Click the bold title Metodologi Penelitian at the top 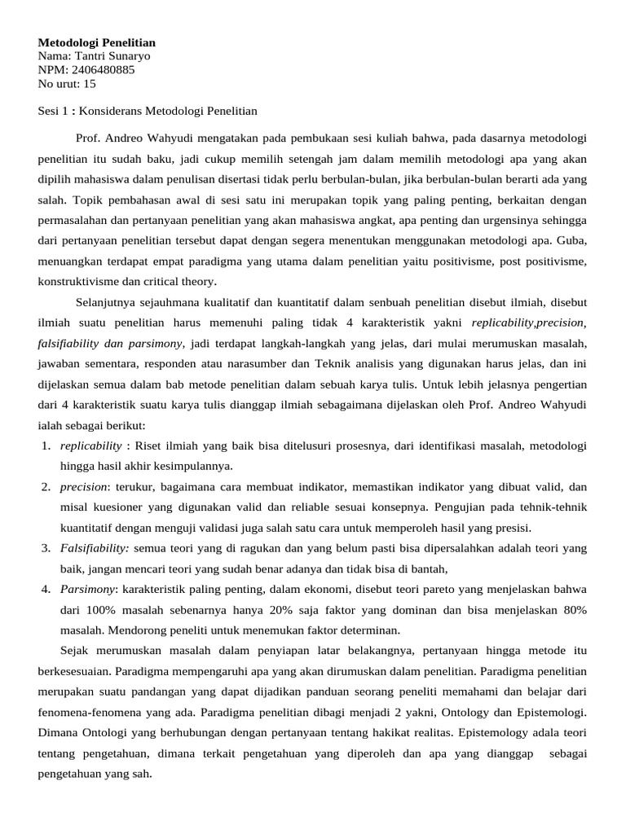[x=97, y=42]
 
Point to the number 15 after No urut [x=89, y=83]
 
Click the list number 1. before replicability [x=46, y=446]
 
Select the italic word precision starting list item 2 [x=84, y=487]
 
